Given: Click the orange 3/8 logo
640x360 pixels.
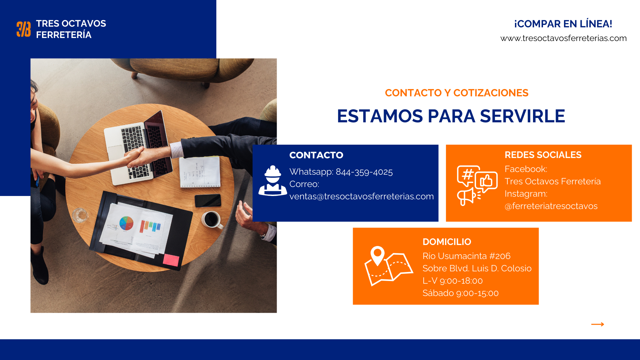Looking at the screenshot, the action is [24, 29].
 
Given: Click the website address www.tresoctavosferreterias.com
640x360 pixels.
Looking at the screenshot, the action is [563, 38].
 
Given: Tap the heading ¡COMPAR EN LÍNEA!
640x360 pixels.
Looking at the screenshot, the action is [563, 24].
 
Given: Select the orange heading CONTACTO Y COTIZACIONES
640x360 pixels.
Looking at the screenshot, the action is [457, 93].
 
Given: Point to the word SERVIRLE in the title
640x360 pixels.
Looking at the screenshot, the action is [522, 116].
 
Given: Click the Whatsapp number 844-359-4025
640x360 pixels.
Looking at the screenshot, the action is [364, 172].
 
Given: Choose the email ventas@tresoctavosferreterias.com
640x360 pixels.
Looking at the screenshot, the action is [362, 196].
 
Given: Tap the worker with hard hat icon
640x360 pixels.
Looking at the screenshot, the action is [273, 181].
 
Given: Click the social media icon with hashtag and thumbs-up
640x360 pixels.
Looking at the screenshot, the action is [477, 185].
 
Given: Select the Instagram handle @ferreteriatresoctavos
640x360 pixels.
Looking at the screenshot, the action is [551, 206].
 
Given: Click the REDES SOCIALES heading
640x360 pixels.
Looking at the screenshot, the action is [543, 155].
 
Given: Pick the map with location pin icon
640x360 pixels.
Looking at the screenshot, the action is [389, 266].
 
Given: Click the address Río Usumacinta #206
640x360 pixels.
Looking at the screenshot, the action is [466, 256].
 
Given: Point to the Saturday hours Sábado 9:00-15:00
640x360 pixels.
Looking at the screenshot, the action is [460, 293].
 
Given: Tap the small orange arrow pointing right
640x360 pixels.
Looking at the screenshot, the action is [598, 324].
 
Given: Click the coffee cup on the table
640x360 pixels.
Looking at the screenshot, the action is [212, 220].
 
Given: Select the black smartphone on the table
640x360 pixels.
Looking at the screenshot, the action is [208, 200].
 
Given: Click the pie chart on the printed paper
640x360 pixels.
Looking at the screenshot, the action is [126, 223].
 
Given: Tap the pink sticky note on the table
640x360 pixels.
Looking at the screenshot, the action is [171, 260].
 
